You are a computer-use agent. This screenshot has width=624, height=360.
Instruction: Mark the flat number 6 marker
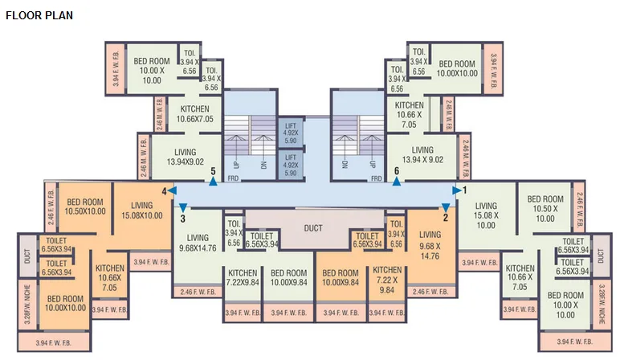click(x=397, y=177)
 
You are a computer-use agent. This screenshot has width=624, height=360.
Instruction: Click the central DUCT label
click(x=313, y=228)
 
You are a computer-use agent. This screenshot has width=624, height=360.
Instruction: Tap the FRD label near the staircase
click(x=234, y=178)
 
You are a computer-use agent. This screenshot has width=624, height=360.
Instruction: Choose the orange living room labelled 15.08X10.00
click(x=142, y=210)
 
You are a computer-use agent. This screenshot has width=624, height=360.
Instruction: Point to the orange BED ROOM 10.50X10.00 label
click(x=86, y=206)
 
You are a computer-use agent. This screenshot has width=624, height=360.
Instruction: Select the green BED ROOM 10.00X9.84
click(x=290, y=277)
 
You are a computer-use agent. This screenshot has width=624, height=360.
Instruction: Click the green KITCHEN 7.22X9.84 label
click(x=242, y=277)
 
